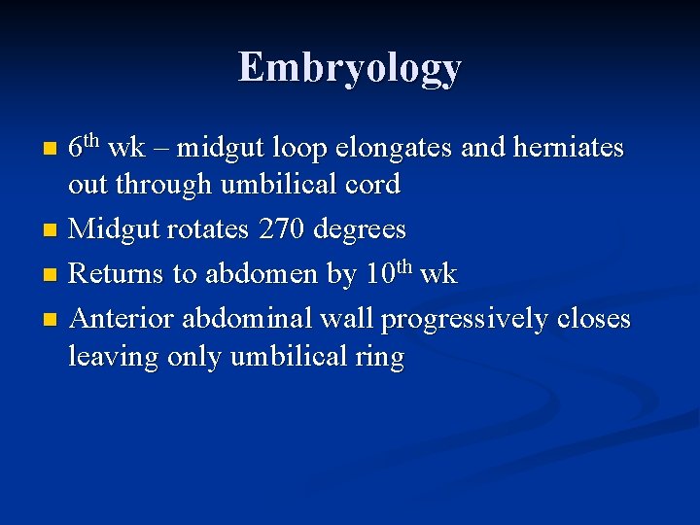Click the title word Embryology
click(349, 68)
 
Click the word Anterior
click(124, 319)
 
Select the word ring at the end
click(381, 358)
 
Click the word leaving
click(114, 358)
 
